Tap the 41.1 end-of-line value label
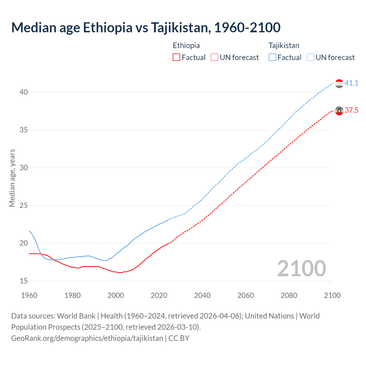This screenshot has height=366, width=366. click(351, 83)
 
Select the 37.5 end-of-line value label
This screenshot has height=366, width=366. click(351, 110)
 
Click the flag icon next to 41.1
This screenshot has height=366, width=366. click(339, 83)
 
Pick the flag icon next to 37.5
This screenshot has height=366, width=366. click(339, 111)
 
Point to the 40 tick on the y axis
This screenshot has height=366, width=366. click(24, 92)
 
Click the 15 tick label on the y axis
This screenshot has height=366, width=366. click(24, 281)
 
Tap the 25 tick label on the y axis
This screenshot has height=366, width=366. click(24, 206)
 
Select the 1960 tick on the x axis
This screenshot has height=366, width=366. click(29, 295)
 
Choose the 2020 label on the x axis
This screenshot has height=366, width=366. click(159, 295)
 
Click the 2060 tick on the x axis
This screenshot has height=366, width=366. click(246, 295)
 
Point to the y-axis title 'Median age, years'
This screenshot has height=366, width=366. click(12, 178)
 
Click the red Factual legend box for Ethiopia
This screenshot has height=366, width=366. click(176, 57)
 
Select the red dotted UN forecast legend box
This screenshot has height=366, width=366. click(214, 57)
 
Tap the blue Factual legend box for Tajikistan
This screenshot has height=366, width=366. click(272, 57)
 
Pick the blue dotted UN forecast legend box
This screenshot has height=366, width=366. click(311, 57)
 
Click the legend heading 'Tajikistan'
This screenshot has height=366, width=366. click(284, 45)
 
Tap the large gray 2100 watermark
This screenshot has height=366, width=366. click(301, 268)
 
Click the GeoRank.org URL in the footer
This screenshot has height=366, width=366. click(87, 338)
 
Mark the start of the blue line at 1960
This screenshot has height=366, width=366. click(29, 231)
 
